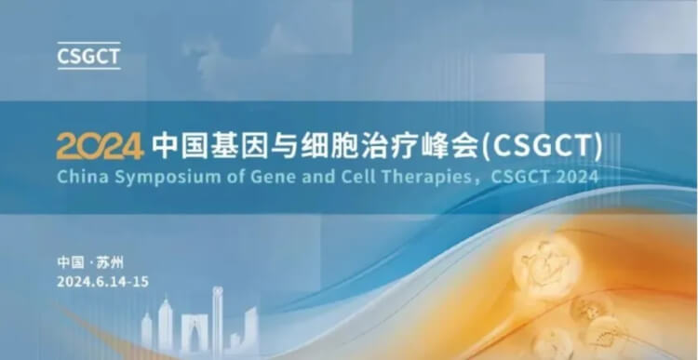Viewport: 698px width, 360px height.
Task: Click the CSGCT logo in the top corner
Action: click(x=89, y=54)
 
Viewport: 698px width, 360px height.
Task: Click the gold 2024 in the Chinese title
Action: click(x=100, y=146)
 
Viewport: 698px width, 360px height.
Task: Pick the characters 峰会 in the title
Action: click(x=442, y=146)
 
